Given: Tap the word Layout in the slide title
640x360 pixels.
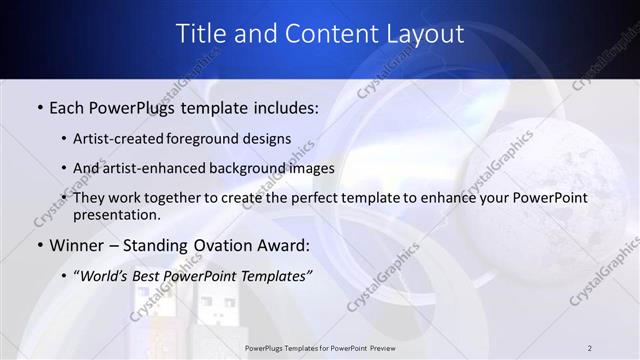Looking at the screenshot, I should [x=425, y=34].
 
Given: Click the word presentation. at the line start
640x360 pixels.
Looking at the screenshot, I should [x=117, y=215].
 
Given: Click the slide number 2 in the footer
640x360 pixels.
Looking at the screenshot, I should [x=590, y=347].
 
